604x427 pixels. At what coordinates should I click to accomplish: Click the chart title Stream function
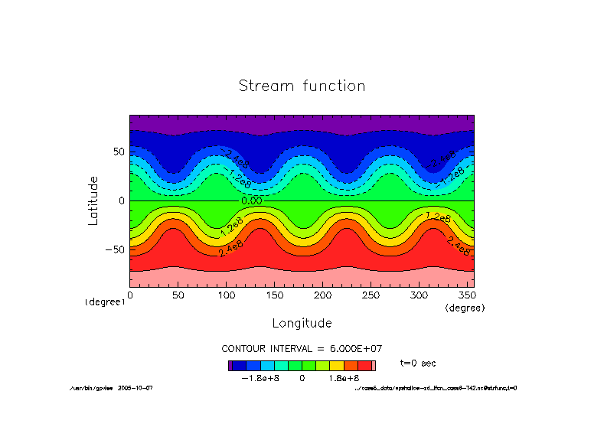(x=302, y=86)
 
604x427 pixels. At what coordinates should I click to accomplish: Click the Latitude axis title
(x=93, y=200)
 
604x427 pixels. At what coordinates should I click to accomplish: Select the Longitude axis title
(x=302, y=323)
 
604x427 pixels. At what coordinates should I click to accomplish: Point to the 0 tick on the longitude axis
(x=130, y=295)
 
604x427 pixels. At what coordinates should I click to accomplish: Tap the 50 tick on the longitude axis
(x=178, y=295)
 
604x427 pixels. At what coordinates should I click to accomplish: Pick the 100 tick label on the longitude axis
(x=227, y=295)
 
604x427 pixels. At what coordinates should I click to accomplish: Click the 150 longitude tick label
(x=275, y=295)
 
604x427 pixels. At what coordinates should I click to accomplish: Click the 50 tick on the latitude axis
(x=119, y=152)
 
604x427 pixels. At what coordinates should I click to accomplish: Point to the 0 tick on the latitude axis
(x=122, y=200)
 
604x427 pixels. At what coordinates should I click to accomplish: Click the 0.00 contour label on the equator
(x=251, y=200)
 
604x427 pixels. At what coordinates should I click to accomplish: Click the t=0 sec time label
(x=418, y=363)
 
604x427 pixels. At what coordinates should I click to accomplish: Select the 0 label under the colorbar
(x=302, y=378)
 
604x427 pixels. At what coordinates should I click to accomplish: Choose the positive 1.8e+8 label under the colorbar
(x=344, y=378)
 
